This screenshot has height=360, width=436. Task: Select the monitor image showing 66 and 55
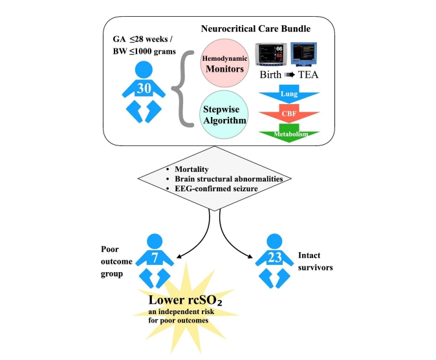click(x=273, y=57)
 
